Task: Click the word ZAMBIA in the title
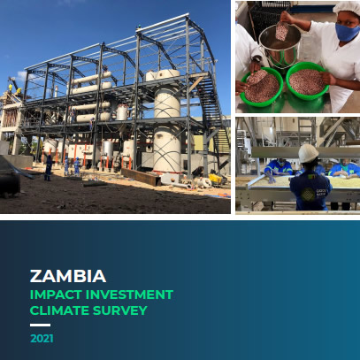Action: click(68, 276)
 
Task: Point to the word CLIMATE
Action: click(59, 310)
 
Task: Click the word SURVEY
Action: click(120, 310)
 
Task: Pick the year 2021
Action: click(42, 339)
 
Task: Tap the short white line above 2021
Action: click(40, 325)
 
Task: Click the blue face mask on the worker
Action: click(348, 32)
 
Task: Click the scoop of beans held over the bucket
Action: click(282, 31)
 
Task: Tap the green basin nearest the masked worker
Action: click(307, 81)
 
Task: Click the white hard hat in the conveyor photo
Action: click(308, 153)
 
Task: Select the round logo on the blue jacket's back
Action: click(308, 195)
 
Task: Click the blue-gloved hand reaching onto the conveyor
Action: click(270, 178)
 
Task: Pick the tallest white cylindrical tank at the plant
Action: click(167, 121)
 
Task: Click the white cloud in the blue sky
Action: click(21, 76)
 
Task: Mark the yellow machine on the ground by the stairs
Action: click(215, 179)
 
